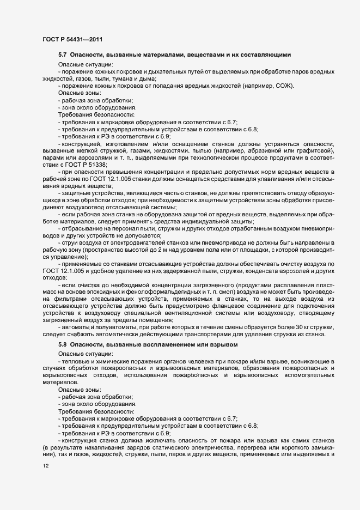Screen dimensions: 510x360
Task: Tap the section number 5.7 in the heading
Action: [x=62, y=55]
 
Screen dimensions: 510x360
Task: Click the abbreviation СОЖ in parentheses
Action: [x=284, y=87]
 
